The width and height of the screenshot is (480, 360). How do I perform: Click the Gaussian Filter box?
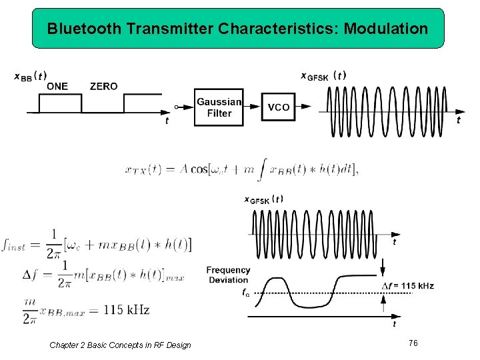(x=218, y=107)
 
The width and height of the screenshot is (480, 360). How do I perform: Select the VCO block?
(x=279, y=107)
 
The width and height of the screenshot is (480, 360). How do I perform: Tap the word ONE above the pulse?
(x=57, y=86)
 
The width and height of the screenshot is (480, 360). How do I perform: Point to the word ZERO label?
(x=103, y=86)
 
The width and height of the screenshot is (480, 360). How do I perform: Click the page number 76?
(x=413, y=343)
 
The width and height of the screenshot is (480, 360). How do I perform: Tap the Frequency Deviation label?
(x=228, y=275)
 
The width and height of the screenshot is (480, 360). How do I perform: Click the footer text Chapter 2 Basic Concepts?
(x=120, y=345)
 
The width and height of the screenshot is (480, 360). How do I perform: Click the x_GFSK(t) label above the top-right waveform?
(x=323, y=75)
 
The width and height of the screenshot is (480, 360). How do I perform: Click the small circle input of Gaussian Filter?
(x=176, y=107)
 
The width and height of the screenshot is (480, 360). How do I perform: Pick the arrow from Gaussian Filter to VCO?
(x=251, y=107)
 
